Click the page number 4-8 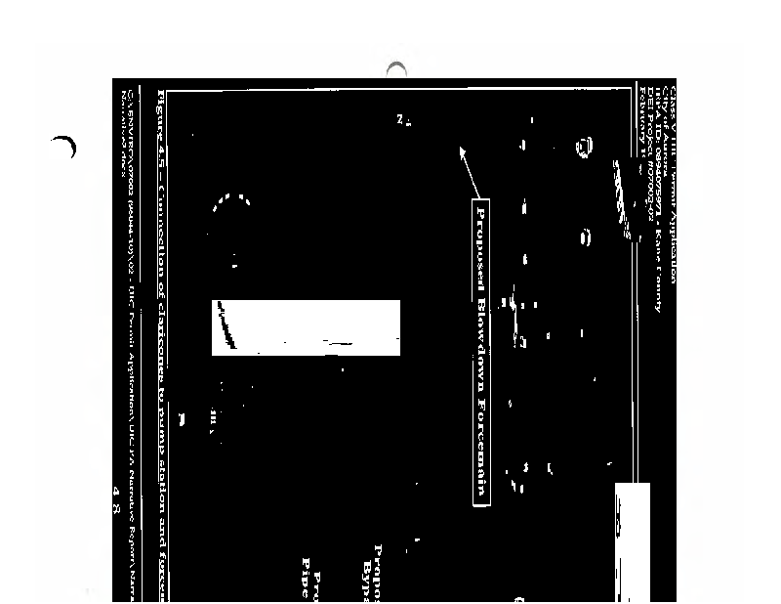coord(118,495)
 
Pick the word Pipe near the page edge coord(305,567)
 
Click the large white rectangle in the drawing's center coord(306,327)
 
